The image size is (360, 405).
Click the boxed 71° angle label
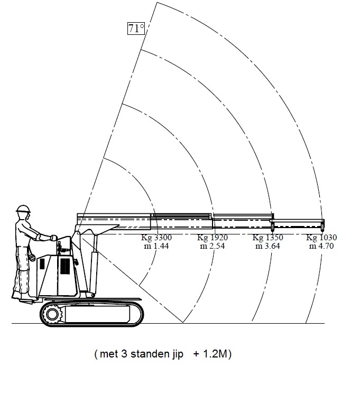(x=136, y=28)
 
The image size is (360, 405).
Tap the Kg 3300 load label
(x=156, y=238)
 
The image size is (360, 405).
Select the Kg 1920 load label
(x=213, y=238)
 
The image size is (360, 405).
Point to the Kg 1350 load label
(x=267, y=238)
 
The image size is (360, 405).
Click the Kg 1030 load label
(x=321, y=238)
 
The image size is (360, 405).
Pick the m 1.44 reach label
(x=156, y=246)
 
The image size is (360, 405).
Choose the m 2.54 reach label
(x=213, y=246)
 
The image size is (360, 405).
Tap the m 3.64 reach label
(x=267, y=246)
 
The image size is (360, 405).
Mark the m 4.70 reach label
(x=321, y=246)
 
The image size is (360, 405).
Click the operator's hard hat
(x=23, y=209)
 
